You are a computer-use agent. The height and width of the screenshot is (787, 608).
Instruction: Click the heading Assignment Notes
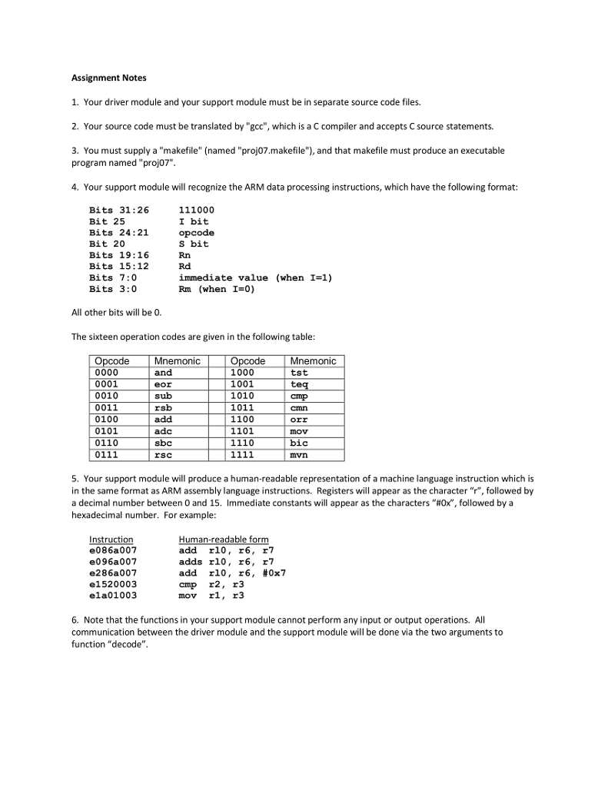(108, 78)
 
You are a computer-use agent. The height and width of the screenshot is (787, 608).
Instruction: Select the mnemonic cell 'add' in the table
(164, 420)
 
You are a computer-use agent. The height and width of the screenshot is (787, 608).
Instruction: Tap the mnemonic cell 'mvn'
(299, 454)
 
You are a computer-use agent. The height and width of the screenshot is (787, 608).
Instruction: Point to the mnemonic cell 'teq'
(299, 384)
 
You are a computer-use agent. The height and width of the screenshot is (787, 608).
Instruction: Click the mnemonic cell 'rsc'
(164, 454)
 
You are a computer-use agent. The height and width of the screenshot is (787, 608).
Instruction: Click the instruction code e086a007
(113, 550)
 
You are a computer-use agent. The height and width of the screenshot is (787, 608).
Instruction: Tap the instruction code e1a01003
(113, 595)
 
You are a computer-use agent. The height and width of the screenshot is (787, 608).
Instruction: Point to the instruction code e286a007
(113, 573)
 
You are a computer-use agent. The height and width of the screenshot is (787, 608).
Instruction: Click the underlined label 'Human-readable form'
(224, 540)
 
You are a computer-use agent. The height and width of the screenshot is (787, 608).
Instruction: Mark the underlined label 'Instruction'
(111, 540)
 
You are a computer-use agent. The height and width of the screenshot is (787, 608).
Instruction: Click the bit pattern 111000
(196, 210)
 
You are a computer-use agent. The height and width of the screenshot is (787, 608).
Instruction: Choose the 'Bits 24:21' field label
(119, 232)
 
